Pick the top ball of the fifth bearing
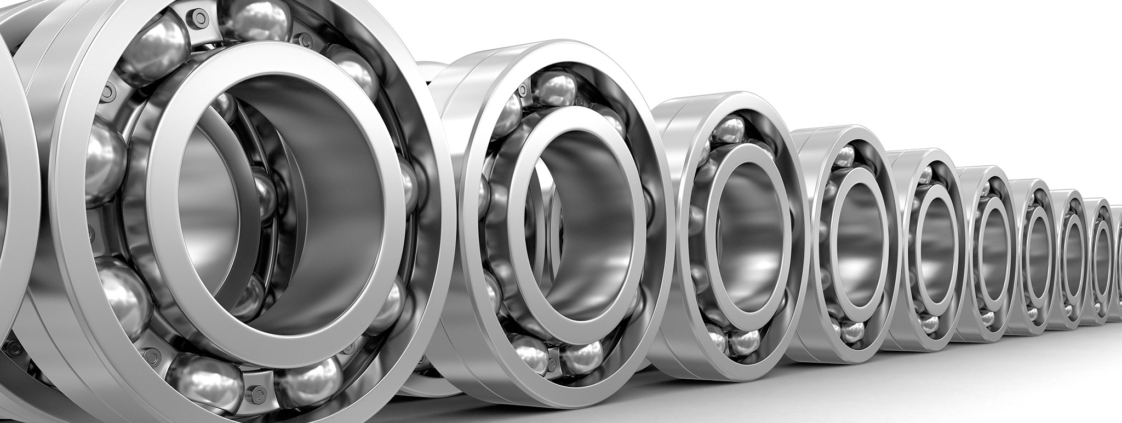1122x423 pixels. pos(926,174)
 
